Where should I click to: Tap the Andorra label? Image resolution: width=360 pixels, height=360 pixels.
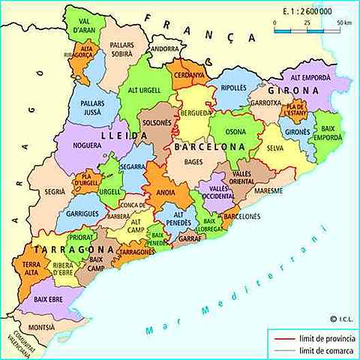[x=165, y=49]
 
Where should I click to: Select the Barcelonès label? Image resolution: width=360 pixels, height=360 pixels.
[x=241, y=214]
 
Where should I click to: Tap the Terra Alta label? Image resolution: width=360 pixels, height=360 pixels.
[x=31, y=269]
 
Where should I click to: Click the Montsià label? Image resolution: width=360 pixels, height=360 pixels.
[x=41, y=328]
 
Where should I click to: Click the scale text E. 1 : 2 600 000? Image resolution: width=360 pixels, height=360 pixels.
[x=309, y=13]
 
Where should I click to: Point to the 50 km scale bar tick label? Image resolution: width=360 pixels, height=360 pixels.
[x=343, y=23]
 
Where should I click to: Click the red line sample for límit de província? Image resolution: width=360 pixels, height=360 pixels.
[x=283, y=338]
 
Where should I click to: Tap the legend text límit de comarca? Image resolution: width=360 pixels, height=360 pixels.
[x=324, y=350]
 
